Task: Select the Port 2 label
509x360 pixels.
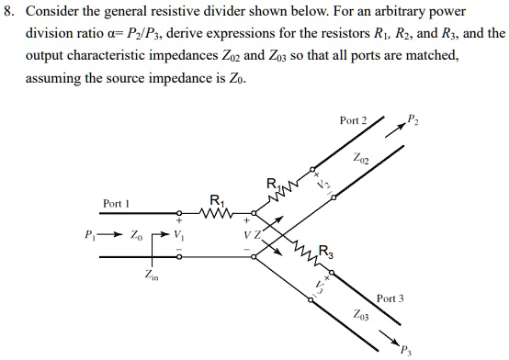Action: (353, 121)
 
